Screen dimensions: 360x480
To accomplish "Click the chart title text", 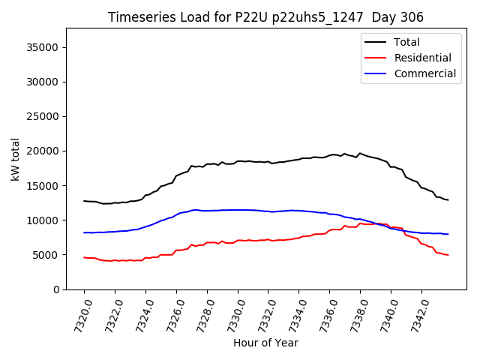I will click(x=265, y=17).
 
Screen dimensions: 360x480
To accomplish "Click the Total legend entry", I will click(x=407, y=42).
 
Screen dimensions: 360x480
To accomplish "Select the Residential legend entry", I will click(x=422, y=58).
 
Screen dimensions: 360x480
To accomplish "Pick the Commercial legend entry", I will click(x=425, y=73).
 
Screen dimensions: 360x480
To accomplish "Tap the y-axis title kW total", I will click(x=15, y=159).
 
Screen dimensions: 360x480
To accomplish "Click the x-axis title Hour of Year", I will click(x=265, y=343).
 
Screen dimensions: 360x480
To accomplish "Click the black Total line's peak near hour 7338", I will click(x=360, y=153).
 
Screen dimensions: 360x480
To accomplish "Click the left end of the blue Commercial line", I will click(x=84, y=232).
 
